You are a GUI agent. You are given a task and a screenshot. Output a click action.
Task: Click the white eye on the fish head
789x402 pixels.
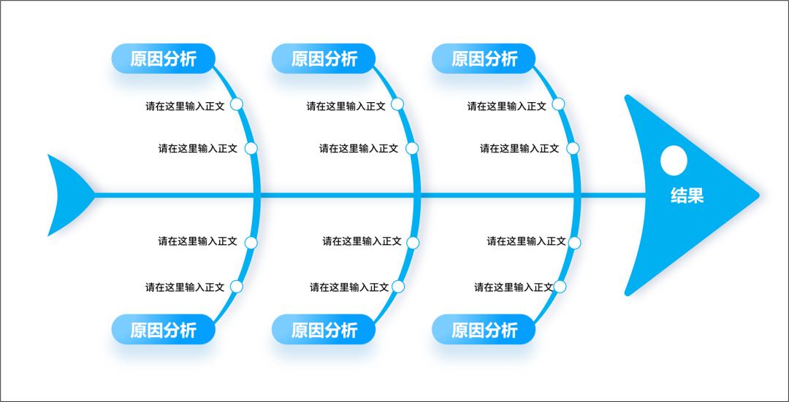click(x=674, y=161)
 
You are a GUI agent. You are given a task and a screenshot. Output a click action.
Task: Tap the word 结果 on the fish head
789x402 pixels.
click(x=687, y=196)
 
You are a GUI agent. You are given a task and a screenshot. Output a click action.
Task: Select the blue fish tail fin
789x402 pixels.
click(x=70, y=196)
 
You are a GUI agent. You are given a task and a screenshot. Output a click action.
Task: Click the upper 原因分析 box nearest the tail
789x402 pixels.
click(x=163, y=59)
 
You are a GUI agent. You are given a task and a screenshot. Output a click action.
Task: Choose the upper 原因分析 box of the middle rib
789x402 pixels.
click(x=324, y=59)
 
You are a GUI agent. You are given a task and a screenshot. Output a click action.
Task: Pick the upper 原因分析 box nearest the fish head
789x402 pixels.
click(x=484, y=59)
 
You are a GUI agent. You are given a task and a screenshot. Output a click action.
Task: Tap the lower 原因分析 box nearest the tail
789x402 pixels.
click(x=163, y=330)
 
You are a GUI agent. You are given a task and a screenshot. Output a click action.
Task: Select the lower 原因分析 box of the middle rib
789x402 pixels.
click(x=324, y=330)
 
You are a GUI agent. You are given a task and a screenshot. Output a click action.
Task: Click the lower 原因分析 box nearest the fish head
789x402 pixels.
click(x=484, y=330)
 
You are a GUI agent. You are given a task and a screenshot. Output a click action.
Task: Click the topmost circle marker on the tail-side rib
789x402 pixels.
click(x=237, y=104)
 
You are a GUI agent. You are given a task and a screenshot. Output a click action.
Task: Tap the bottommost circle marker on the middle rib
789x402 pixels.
click(x=397, y=287)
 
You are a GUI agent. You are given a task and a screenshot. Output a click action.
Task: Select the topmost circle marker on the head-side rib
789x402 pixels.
click(x=558, y=104)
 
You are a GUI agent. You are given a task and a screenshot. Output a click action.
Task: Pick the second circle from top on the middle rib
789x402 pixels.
click(x=411, y=148)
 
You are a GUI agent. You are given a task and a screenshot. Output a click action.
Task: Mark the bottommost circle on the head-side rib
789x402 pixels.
click(x=560, y=287)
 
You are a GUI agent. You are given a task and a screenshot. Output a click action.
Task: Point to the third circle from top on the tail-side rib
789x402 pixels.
click(x=251, y=243)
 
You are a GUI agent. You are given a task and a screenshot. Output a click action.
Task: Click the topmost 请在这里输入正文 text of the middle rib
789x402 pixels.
click(x=346, y=106)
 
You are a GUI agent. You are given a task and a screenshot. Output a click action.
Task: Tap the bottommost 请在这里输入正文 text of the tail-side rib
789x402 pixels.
click(x=185, y=287)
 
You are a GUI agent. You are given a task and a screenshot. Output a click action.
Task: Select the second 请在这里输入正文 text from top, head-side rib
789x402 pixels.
click(x=519, y=148)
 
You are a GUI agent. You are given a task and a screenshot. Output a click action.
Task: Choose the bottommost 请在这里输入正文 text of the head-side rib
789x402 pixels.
click(x=514, y=287)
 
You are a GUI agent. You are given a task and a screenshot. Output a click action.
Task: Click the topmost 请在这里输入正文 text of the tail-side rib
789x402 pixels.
click(x=185, y=106)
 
